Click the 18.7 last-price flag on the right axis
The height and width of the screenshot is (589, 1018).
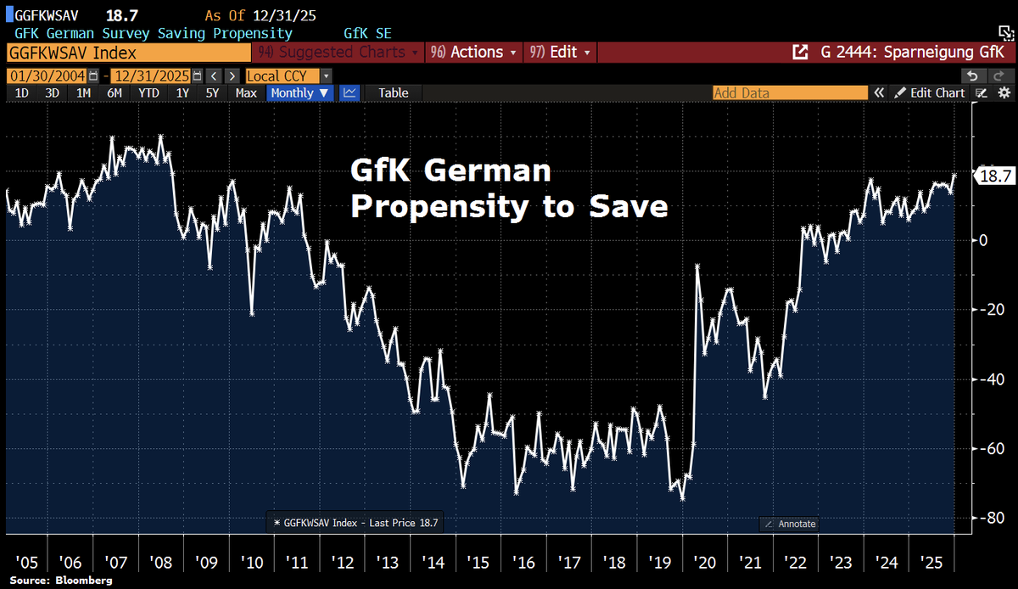(994, 177)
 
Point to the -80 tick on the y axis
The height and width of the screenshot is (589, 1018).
(986, 518)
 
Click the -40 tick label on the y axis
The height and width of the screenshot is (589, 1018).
(986, 379)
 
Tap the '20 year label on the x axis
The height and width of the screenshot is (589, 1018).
(703, 562)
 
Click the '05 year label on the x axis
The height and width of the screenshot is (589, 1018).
(28, 562)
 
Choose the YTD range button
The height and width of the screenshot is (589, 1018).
(149, 93)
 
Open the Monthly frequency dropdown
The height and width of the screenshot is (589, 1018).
(300, 93)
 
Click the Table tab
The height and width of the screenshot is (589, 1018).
(393, 93)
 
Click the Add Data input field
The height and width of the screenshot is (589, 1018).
(789, 93)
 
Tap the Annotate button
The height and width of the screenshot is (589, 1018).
(790, 524)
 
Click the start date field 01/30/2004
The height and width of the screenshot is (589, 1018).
(47, 76)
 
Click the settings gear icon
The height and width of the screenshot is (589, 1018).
(1004, 93)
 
